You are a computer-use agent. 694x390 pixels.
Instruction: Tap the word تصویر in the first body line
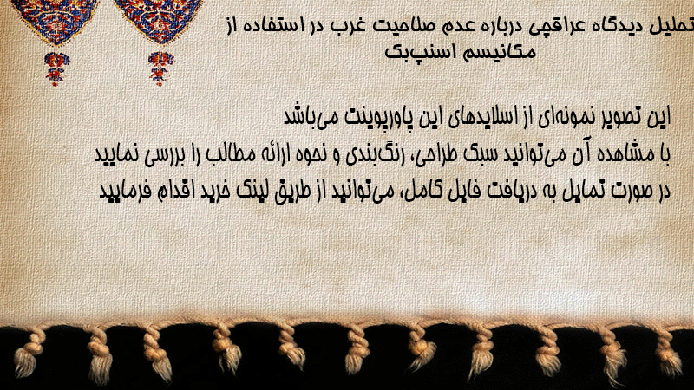pyautogui.click(x=622, y=118)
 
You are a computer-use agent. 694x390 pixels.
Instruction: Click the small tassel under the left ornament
pyautogui.click(x=56, y=68)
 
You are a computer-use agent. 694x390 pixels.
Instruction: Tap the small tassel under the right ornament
pyautogui.click(x=160, y=68)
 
